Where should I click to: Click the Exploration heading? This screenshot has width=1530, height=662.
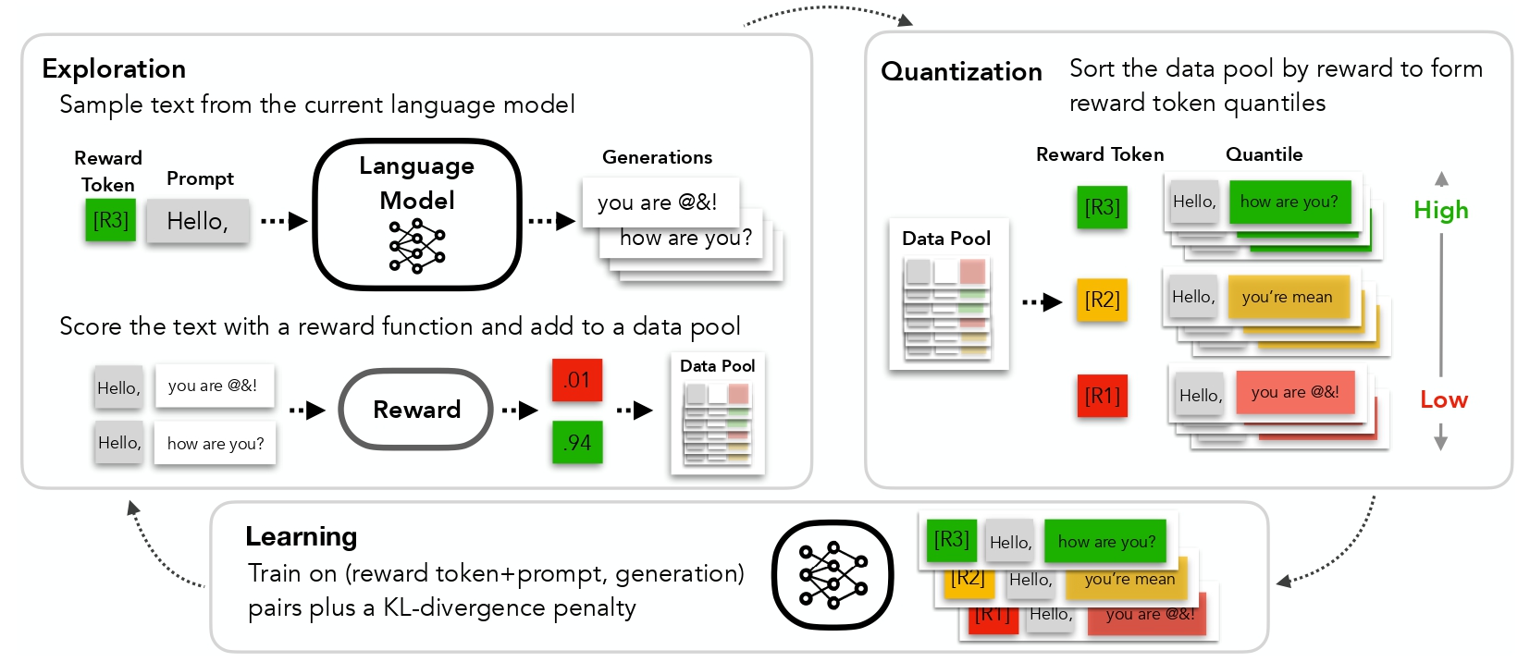point(114,69)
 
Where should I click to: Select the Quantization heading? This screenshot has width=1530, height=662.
point(961,72)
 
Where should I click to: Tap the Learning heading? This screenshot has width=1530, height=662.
point(301,536)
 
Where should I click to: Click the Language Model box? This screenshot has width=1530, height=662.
point(417,215)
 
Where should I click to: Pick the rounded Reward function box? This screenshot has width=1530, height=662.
point(416,410)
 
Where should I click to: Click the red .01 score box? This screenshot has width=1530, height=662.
point(577,380)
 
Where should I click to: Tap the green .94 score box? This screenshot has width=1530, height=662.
point(577,443)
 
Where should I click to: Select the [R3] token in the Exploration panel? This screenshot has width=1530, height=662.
point(110,221)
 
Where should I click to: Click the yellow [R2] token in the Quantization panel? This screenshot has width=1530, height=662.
point(1102,300)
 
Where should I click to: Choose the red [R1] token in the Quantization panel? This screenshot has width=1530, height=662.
point(1102,396)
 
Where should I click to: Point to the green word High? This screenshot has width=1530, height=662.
point(1440,211)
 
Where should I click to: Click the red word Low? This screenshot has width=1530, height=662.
point(1444,400)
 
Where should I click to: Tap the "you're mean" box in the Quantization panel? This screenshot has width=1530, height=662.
point(1288,297)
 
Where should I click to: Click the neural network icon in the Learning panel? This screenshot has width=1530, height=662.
point(833,576)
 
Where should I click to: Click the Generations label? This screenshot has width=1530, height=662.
point(657,157)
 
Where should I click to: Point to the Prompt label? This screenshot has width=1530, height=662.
point(200,178)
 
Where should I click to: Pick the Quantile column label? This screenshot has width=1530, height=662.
point(1264,154)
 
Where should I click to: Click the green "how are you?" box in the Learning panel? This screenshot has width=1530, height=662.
point(1106,542)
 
